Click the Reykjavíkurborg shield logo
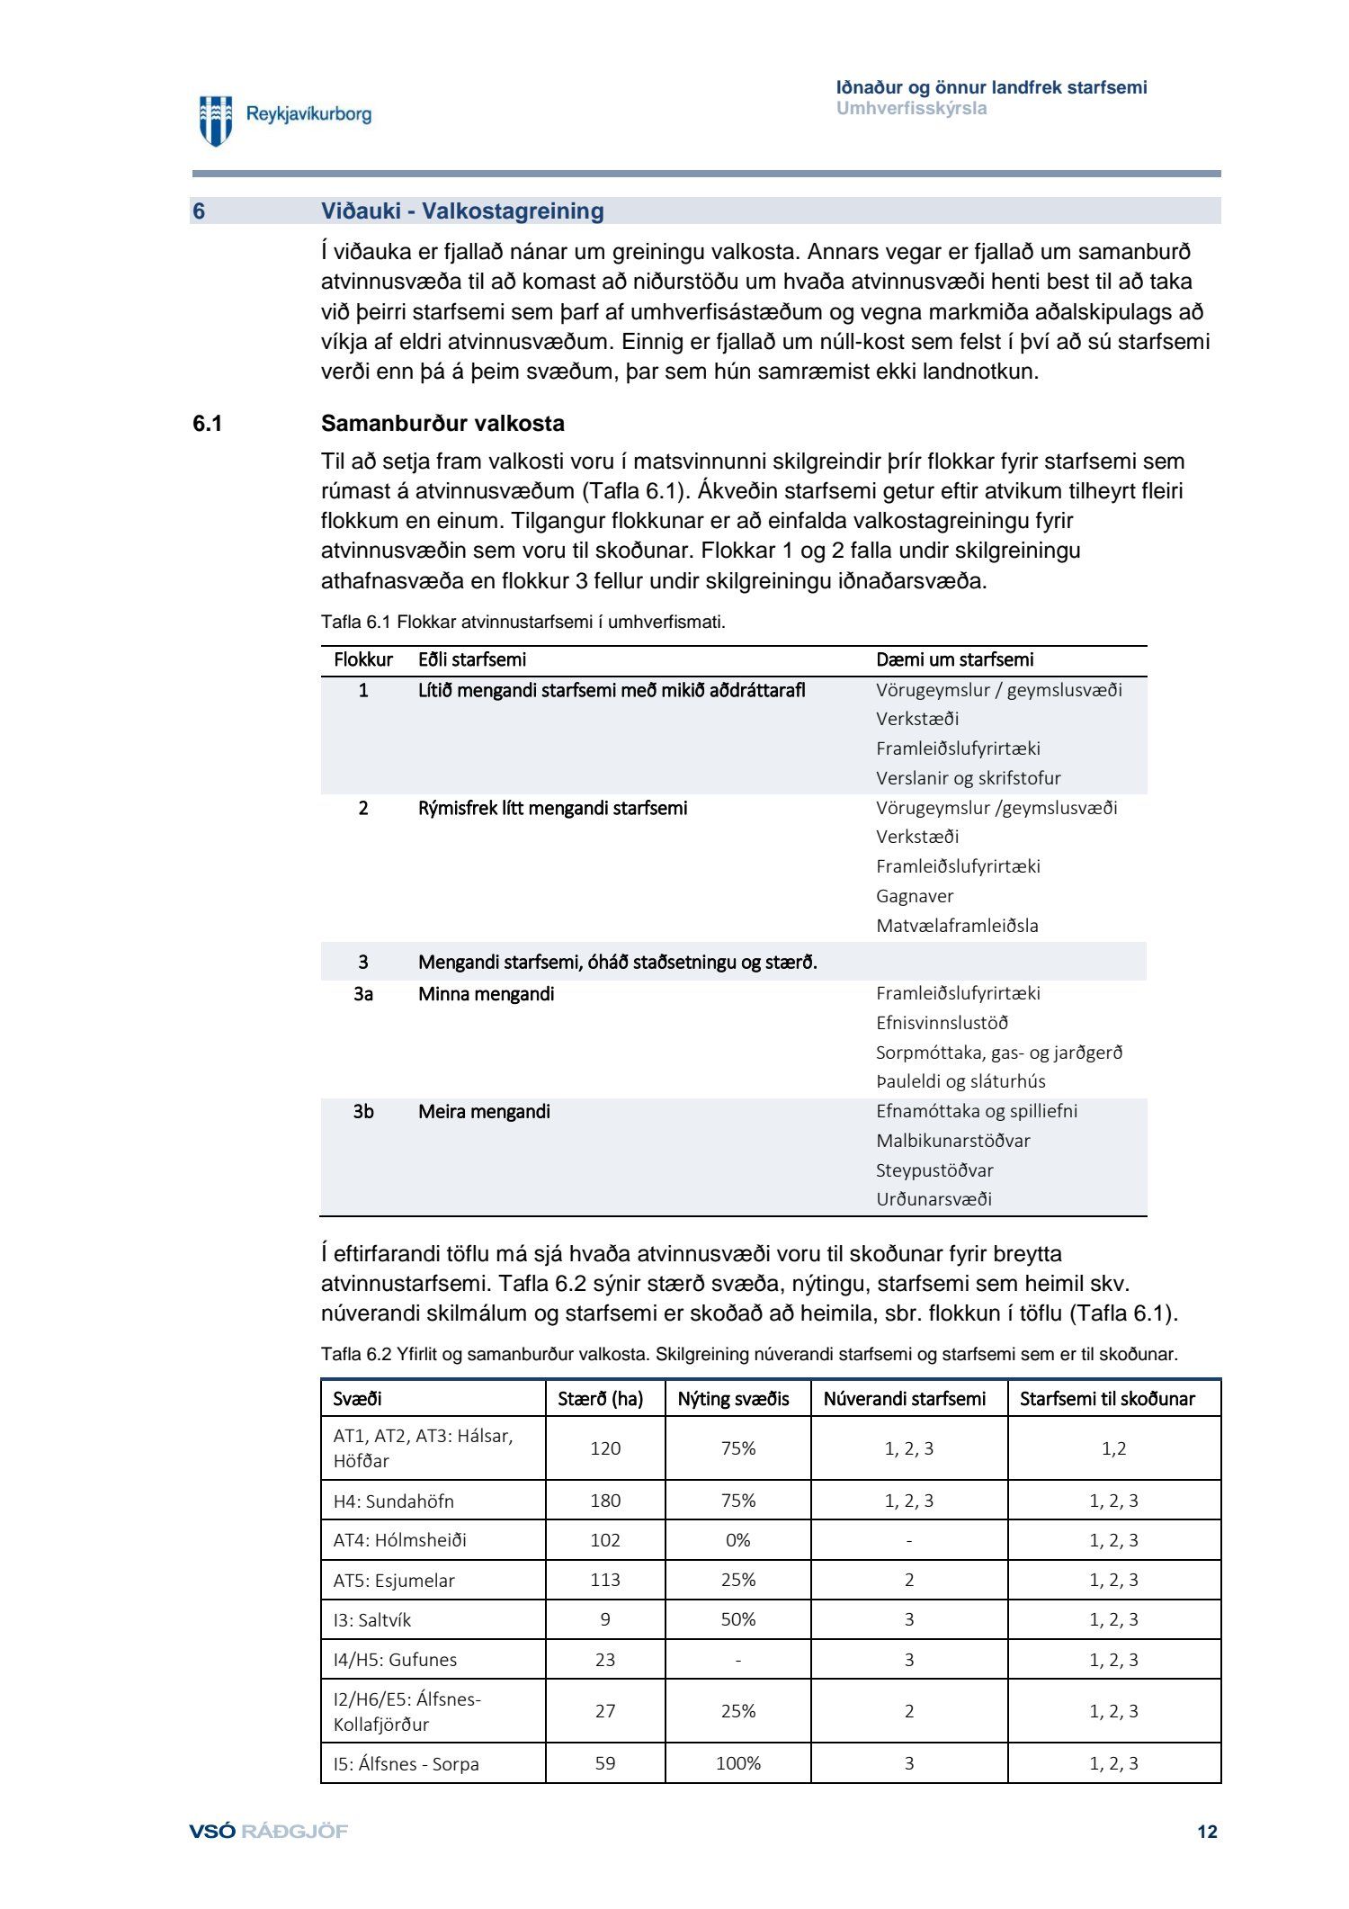point(216,120)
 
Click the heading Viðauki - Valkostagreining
point(462,211)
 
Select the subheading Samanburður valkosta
point(442,424)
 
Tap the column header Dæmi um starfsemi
point(954,659)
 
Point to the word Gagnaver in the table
point(915,896)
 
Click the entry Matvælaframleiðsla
point(957,926)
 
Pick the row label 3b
point(362,1112)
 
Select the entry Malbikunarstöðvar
point(953,1141)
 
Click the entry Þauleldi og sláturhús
point(960,1081)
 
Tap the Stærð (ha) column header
point(601,1399)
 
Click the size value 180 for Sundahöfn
point(605,1501)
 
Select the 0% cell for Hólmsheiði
point(737,1540)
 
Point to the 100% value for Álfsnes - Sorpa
point(737,1764)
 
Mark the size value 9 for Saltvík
point(605,1620)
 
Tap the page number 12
point(1207,1833)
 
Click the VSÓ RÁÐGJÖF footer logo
point(268,1832)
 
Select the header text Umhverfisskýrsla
point(911,109)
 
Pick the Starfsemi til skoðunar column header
point(1107,1399)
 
